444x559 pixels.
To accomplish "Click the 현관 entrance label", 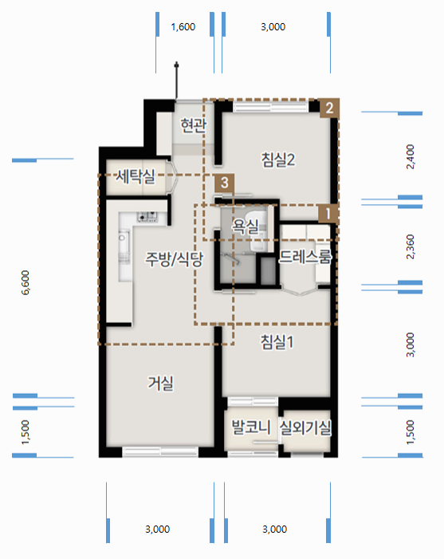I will (x=194, y=125).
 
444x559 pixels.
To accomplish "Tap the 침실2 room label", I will (x=278, y=159).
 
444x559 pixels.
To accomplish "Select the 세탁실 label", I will (x=134, y=175).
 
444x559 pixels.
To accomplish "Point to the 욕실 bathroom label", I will (x=244, y=227).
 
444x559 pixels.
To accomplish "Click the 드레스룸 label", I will (x=305, y=257).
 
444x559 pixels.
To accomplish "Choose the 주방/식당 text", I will (x=174, y=259).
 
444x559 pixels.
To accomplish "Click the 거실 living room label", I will (x=160, y=383).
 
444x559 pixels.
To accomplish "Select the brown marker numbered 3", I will (x=226, y=183).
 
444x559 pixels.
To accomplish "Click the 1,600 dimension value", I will (x=183, y=27).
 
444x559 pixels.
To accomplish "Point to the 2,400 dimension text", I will (x=411, y=156).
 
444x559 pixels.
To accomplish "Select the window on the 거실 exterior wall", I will (x=160, y=452).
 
